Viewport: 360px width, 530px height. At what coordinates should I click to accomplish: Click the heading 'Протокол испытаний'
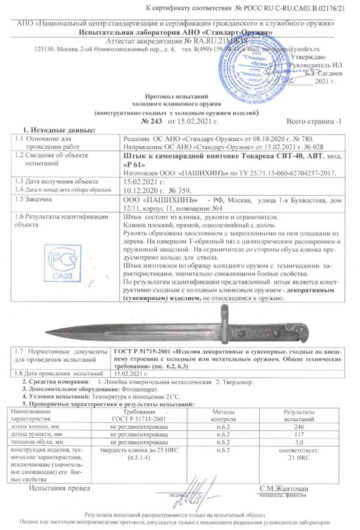coord(179,97)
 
